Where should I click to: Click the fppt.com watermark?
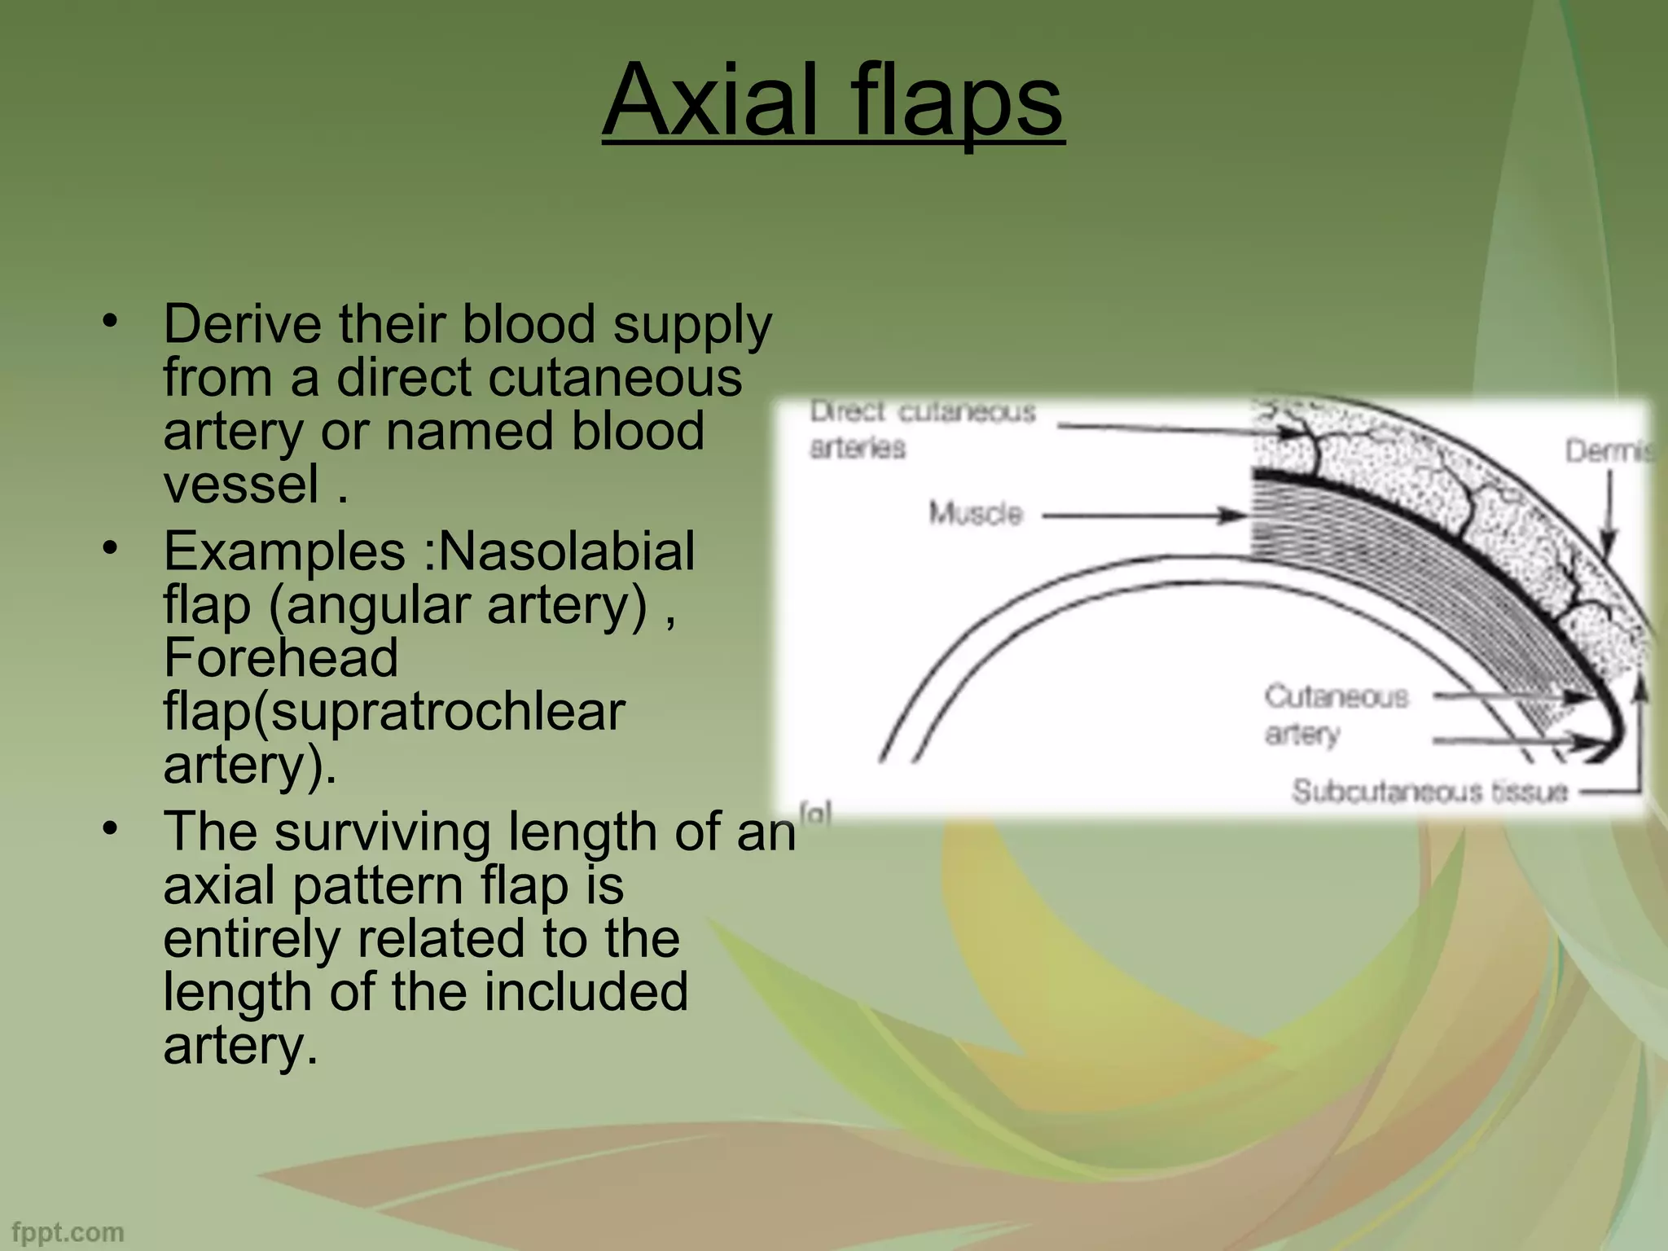click(x=68, y=1232)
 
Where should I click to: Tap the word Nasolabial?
click(x=567, y=551)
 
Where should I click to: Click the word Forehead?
click(x=280, y=658)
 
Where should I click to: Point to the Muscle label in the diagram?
click(x=975, y=513)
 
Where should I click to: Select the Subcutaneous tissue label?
click(x=1429, y=792)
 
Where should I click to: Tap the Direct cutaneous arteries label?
click(x=921, y=429)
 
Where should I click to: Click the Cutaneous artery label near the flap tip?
click(x=1335, y=714)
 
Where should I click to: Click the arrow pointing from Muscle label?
click(x=1144, y=515)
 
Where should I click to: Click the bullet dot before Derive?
click(x=110, y=320)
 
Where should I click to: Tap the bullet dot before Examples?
click(x=110, y=547)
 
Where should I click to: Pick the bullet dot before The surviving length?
click(x=110, y=827)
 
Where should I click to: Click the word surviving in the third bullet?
click(x=382, y=832)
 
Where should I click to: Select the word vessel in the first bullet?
click(x=241, y=485)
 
